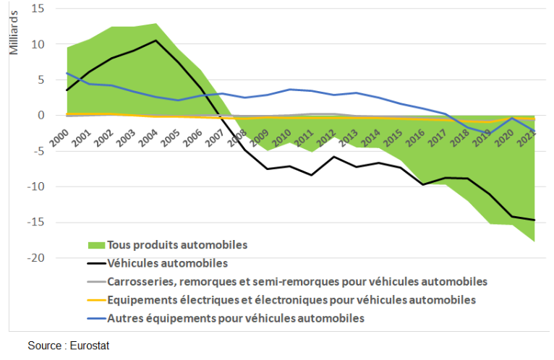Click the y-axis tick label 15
(x=38, y=9)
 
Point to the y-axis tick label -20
(x=36, y=258)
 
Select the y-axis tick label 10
(x=38, y=44)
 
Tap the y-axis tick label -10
(x=36, y=187)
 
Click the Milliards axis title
(x=14, y=38)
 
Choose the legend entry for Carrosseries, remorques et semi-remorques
(x=297, y=280)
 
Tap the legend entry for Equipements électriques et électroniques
(x=291, y=299)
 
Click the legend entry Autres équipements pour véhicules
(x=235, y=317)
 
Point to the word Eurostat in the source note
(x=90, y=346)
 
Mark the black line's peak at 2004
(x=155, y=40)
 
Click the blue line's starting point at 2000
(x=67, y=73)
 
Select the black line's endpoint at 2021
(x=534, y=220)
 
